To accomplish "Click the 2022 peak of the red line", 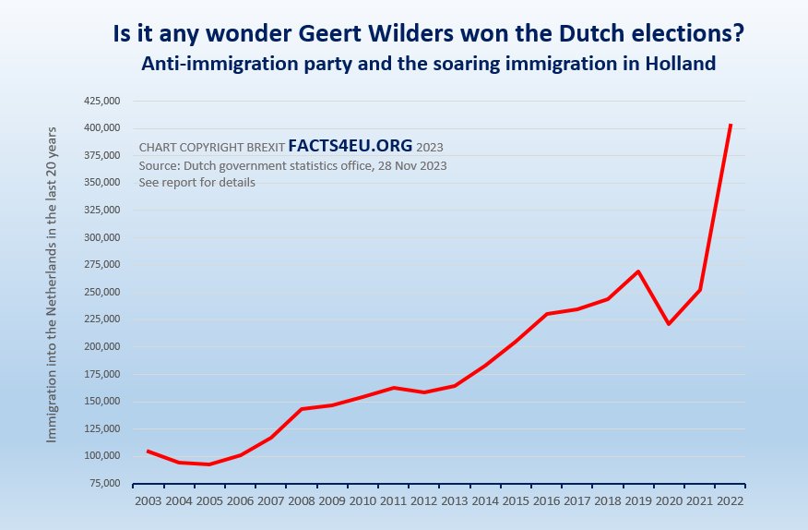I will (x=731, y=125).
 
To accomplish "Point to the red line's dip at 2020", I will (x=669, y=324).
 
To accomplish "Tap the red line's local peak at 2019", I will (x=638, y=271).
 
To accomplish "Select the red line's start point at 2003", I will (x=149, y=451).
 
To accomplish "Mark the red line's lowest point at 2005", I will (x=209, y=464).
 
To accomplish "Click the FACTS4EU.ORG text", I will (x=351, y=146).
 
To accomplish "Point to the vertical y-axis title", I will (x=52, y=283).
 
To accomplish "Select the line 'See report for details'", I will (x=196, y=183).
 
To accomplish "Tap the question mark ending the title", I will (x=739, y=34).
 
